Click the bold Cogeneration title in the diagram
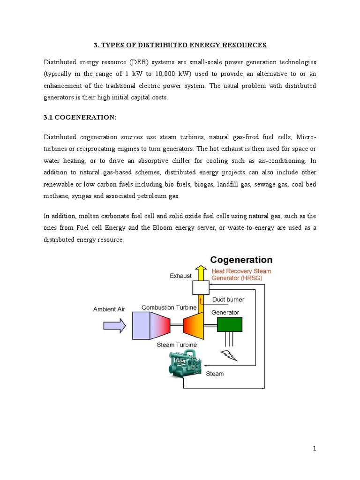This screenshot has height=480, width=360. (241, 260)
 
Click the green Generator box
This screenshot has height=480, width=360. (229, 324)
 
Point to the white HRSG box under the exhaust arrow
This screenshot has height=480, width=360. (201, 287)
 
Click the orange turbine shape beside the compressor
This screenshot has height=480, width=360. (194, 325)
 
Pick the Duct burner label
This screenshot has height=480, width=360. (228, 299)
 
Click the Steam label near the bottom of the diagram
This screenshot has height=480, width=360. (215, 374)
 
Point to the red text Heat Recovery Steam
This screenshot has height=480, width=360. (241, 271)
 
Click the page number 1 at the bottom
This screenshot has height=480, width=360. (315, 449)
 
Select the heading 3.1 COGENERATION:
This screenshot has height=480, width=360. (79, 118)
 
